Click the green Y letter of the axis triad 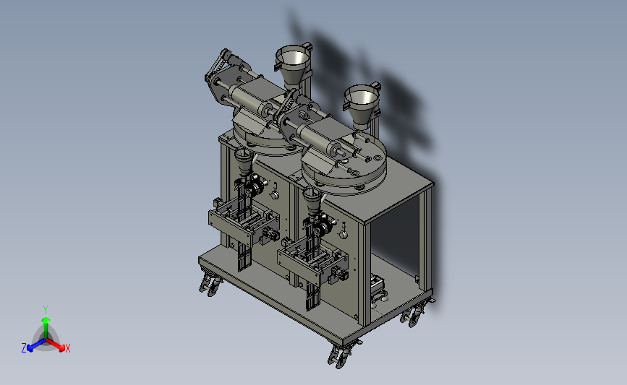tap(45, 310)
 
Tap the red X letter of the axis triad tap(67, 348)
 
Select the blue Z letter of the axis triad tap(24, 348)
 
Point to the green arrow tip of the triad tap(46, 320)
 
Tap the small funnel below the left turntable tap(243, 161)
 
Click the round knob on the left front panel tap(274, 195)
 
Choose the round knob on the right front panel tap(343, 235)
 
